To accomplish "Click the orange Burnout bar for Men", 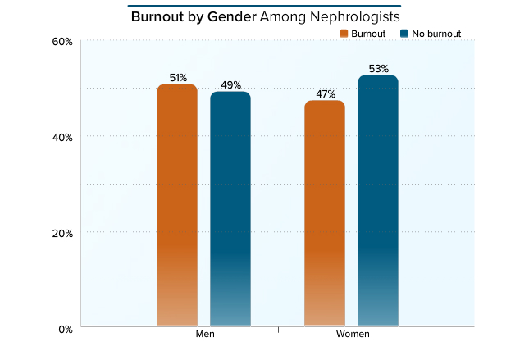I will (177, 205).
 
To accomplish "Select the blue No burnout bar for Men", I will (230, 209).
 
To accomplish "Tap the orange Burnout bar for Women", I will (325, 213).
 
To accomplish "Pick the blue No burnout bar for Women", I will (378, 201).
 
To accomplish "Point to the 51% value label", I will (177, 78).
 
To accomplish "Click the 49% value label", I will (230, 84).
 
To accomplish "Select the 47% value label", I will (325, 94).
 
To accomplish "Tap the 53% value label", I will (378, 69).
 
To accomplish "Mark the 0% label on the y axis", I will (66, 329).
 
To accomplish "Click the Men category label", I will (205, 335).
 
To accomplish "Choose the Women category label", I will (353, 335).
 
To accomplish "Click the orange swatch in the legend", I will (344, 34).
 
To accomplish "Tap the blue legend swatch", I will (405, 34).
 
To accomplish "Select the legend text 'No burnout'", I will (437, 34).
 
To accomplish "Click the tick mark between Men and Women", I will (279, 330).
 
